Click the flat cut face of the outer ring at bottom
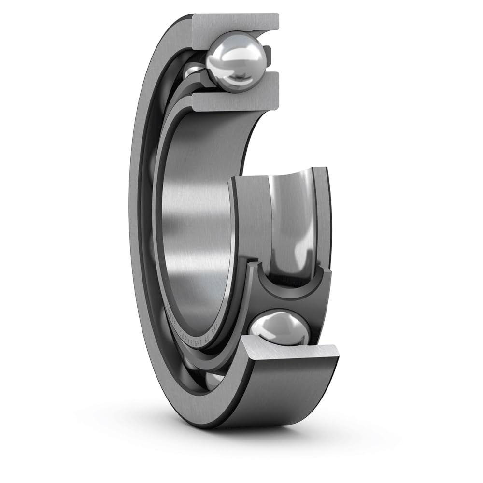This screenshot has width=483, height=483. (x=290, y=353)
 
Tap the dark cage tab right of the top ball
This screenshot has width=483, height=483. (x=267, y=54)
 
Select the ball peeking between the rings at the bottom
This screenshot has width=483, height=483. (x=213, y=380)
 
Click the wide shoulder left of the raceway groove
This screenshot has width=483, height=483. (x=249, y=217)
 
